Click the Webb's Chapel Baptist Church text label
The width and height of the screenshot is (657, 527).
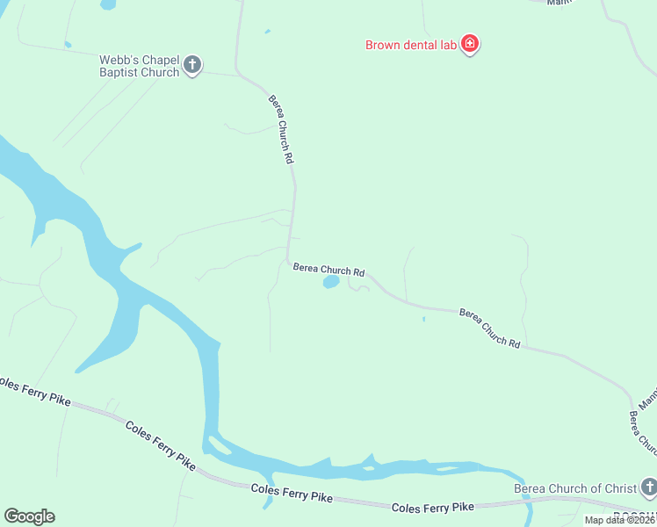coord(139,66)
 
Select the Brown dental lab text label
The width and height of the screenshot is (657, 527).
coord(411,44)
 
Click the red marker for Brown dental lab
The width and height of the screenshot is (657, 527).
coord(470,43)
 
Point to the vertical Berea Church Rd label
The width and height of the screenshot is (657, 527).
coord(280,129)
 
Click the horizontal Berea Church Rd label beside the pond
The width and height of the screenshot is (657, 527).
coord(328,270)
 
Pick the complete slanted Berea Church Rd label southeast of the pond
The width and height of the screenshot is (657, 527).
coord(490,328)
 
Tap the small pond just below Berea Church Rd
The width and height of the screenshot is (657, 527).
coord(331,282)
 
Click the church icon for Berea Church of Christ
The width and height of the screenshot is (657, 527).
coord(648,486)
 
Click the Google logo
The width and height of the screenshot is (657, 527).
coord(29,516)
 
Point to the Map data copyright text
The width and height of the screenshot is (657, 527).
coord(620,520)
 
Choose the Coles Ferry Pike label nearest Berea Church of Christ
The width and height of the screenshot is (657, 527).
coord(432,508)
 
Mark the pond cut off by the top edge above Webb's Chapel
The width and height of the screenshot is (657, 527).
coord(107,4)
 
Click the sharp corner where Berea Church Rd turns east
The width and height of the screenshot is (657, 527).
coord(288,260)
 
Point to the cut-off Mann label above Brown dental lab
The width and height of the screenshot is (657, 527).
coord(559,3)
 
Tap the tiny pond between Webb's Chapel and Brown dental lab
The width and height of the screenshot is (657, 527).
coord(267,32)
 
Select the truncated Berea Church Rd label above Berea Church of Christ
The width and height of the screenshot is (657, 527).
coord(642,431)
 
